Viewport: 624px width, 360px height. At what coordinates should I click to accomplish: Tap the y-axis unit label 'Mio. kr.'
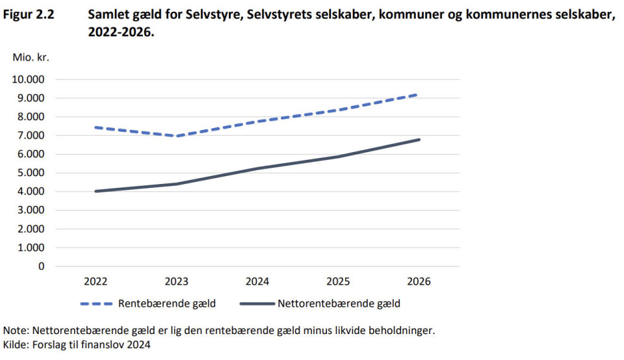click(31, 57)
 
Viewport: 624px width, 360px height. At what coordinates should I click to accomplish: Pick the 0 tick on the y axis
click(42, 266)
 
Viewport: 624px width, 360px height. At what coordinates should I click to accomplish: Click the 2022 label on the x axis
click(96, 282)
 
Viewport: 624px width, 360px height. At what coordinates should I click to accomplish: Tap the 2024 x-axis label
click(257, 282)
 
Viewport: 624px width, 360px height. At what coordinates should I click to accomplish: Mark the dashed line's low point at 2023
click(177, 136)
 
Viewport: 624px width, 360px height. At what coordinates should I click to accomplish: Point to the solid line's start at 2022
click(96, 191)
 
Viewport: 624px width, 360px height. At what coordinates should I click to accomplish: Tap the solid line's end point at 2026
click(419, 140)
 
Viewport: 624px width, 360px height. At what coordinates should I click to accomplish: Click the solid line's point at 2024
click(257, 169)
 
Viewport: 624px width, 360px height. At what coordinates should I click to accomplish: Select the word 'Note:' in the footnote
click(17, 330)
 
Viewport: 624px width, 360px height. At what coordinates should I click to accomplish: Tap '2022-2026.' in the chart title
click(122, 31)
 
